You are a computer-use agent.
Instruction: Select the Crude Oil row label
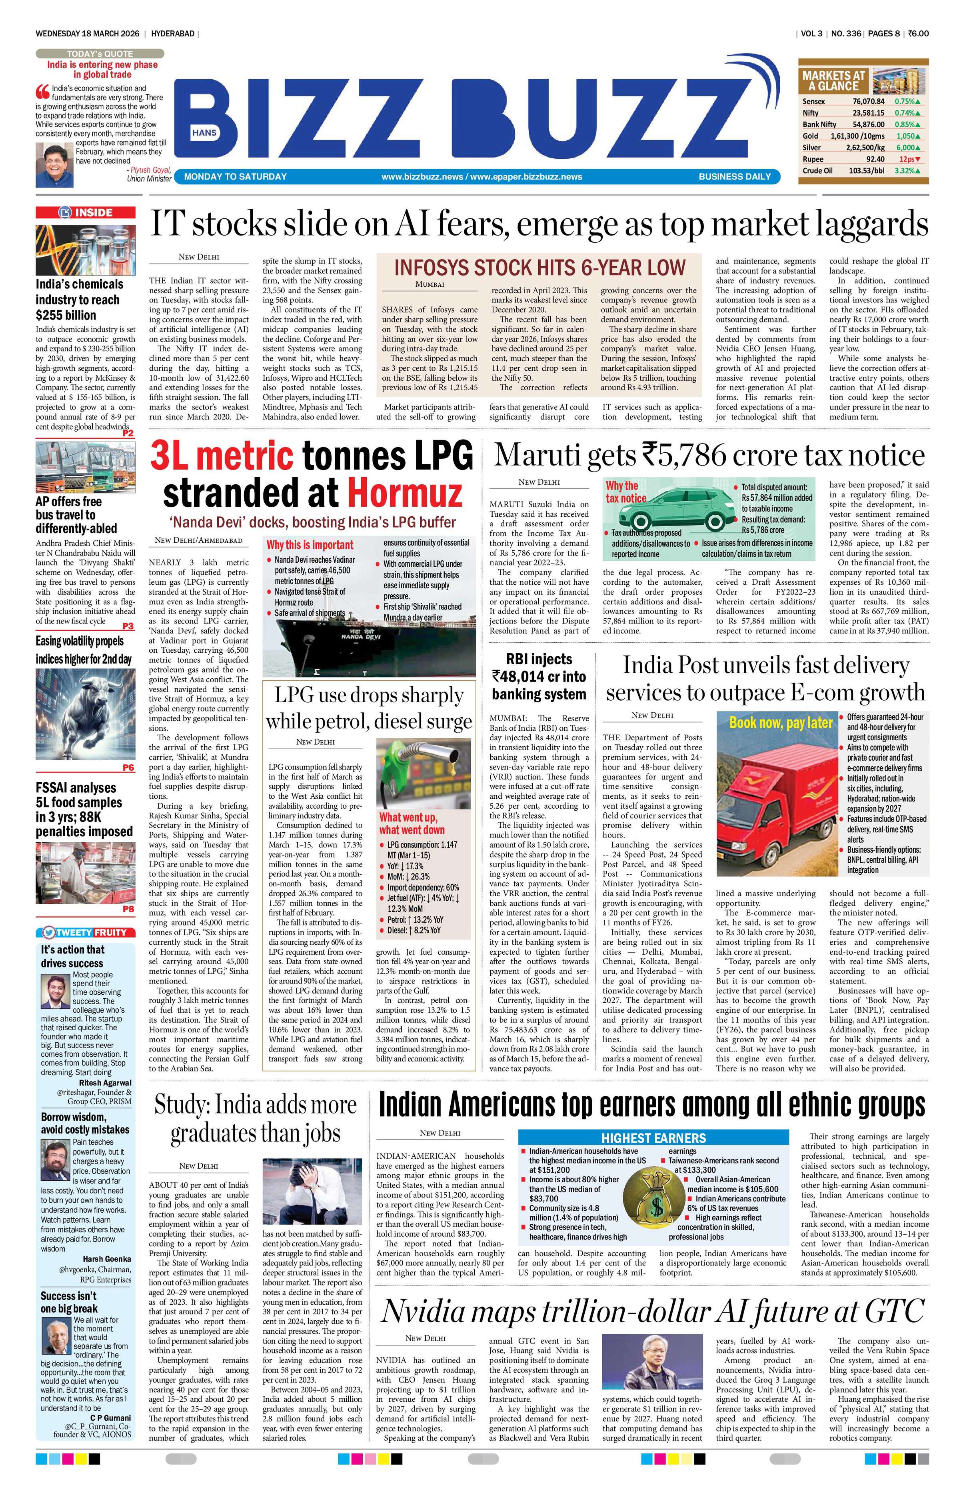pos(817,170)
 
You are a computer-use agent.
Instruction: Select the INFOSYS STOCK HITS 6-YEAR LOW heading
pos(539,268)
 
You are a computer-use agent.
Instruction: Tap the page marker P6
pos(128,767)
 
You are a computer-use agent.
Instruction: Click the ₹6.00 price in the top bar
pos(918,33)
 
